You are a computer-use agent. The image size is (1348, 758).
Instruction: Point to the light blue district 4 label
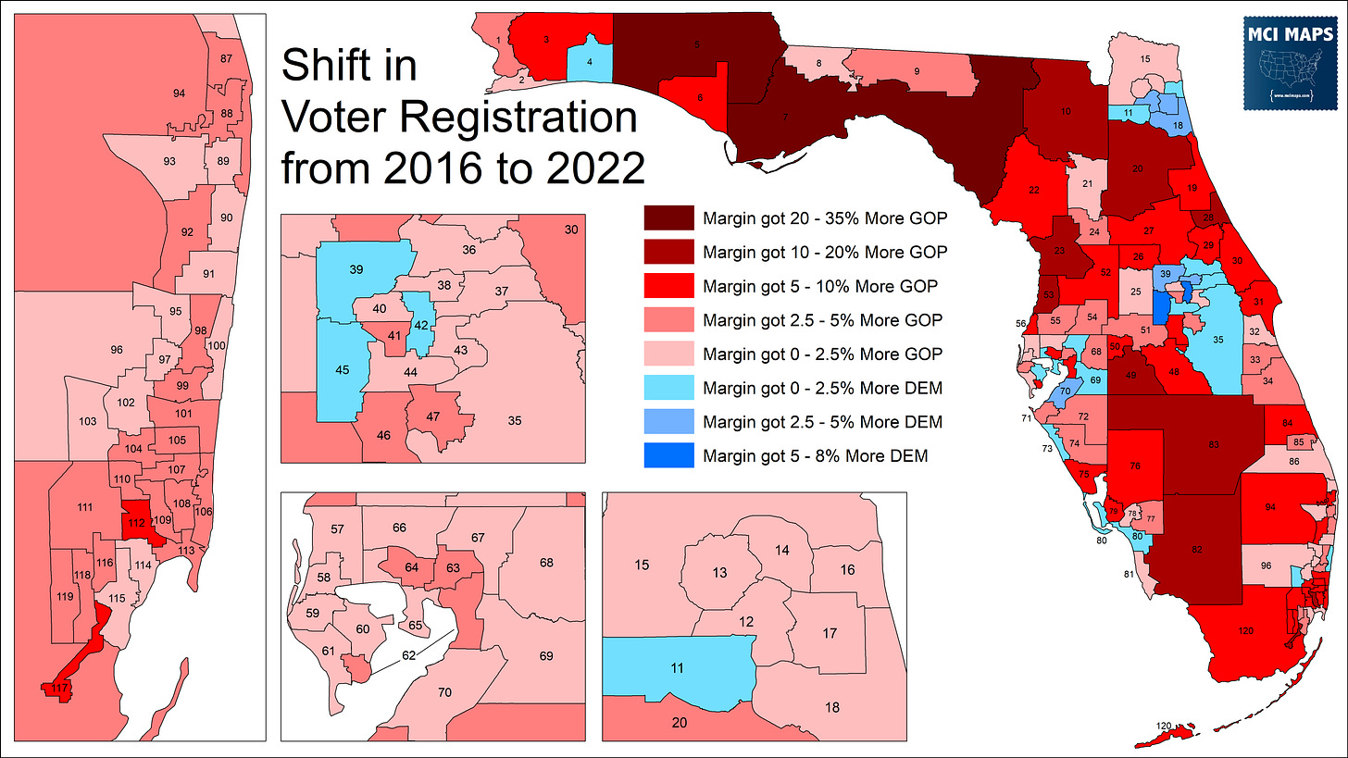pyautogui.click(x=591, y=63)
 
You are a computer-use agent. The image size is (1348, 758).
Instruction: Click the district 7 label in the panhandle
pyautogui.click(x=785, y=118)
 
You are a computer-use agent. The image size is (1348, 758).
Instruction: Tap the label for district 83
pyautogui.click(x=1213, y=445)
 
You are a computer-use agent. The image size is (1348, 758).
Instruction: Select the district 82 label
pyautogui.click(x=1196, y=550)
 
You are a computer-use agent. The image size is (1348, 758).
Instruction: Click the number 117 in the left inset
pyautogui.click(x=59, y=688)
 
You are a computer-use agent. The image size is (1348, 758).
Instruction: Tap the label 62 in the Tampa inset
pyautogui.click(x=408, y=655)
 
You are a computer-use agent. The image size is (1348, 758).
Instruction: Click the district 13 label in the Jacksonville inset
pyautogui.click(x=719, y=573)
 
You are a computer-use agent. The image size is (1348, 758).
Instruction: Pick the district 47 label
pyautogui.click(x=432, y=416)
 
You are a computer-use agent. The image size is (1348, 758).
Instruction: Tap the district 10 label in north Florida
pyautogui.click(x=1066, y=111)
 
